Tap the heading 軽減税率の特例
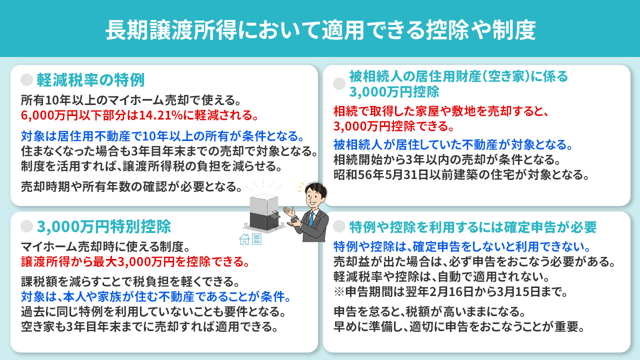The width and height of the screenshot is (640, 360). pos(90,80)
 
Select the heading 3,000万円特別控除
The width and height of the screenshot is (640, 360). pos(104,227)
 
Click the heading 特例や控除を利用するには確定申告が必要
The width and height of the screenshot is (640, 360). pos(473,227)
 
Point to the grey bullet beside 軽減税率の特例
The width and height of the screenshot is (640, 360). pos(27,80)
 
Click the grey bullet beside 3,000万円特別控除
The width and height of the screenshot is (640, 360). pos(27,227)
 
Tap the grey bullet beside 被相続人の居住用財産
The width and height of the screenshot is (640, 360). pos(339,84)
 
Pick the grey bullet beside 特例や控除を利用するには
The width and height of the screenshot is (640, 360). pos(339,227)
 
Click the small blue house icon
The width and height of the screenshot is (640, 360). pos(244,239)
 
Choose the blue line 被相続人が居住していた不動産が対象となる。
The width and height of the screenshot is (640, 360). pos(453,145)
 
